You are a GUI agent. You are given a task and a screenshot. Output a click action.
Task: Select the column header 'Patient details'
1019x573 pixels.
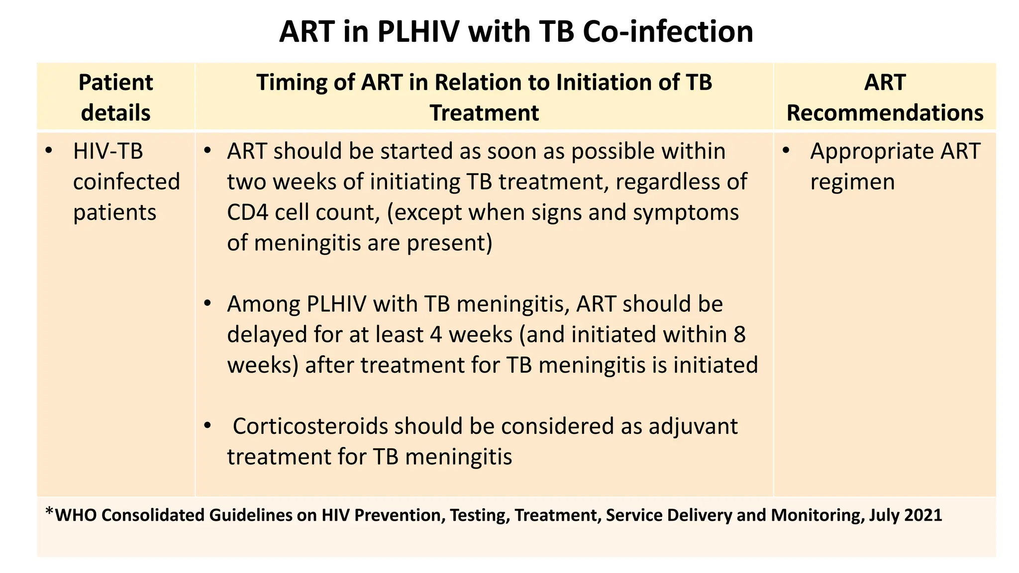(x=115, y=97)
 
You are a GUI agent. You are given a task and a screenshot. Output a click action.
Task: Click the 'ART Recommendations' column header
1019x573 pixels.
(x=885, y=97)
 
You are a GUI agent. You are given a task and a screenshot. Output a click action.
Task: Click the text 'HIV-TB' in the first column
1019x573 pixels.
(x=108, y=151)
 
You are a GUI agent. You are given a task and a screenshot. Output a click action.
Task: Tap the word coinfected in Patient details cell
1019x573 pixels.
(x=126, y=182)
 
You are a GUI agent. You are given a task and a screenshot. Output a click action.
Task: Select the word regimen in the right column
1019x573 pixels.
(x=852, y=182)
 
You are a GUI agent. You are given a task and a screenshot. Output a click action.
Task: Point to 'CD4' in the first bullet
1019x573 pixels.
(x=247, y=212)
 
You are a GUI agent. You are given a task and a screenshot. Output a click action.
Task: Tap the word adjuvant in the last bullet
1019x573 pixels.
(x=693, y=426)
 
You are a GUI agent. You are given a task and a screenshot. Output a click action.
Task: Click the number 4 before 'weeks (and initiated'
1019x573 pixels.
(x=436, y=334)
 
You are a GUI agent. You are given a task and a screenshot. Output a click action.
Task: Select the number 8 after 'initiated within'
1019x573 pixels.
(x=739, y=334)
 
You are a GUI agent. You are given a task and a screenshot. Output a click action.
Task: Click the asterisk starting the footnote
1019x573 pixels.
(x=49, y=512)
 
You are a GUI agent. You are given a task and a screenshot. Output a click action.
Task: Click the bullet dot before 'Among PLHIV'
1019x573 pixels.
(x=208, y=303)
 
